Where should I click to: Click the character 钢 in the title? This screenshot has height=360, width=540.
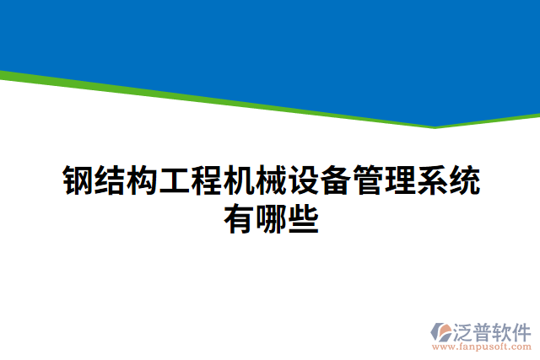point(78,180)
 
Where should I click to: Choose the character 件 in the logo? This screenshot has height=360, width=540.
point(522,330)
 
